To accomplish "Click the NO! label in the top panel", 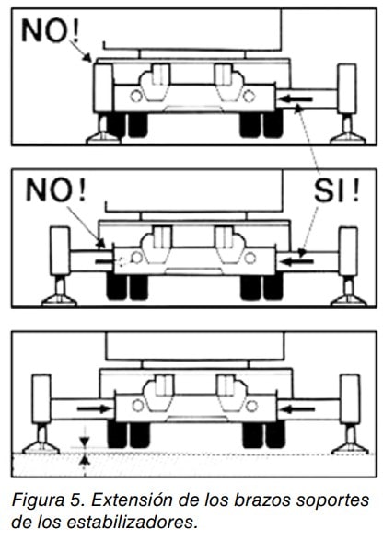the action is coord(51,30).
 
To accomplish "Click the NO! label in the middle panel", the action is coord(56,190).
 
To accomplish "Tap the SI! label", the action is coord(337,190).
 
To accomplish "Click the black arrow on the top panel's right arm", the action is coord(297,99).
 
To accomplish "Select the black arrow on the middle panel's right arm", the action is coord(298,261).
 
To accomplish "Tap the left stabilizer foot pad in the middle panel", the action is coord(59,301).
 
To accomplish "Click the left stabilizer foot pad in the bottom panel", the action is coord(41,447).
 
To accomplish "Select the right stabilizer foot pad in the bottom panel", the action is coord(350,448).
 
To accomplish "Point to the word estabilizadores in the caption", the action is coord(131,523).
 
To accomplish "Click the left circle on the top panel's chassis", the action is coord(136,96).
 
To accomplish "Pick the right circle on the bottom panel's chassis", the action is coord(251,407).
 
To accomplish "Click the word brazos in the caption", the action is coord(261,500).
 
